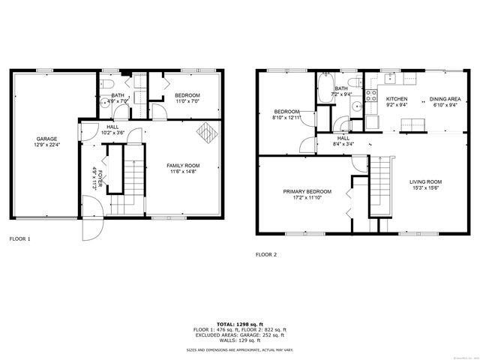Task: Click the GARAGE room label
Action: pos(46,139)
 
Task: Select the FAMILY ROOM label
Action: pos(182,165)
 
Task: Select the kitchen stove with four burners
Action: pos(370,94)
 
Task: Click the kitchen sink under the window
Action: pos(390,78)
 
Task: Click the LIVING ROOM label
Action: pos(425,181)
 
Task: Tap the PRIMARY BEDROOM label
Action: pos(307,192)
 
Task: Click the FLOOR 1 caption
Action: pos(19,238)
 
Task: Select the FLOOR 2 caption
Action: pos(266,254)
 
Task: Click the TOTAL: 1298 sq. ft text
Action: pos(239,323)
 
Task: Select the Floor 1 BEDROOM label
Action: pos(187,95)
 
